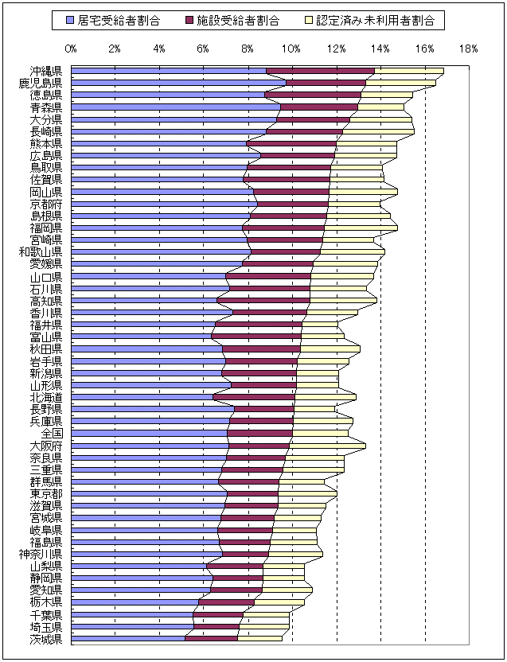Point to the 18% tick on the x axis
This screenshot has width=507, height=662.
pyautogui.click(x=469, y=49)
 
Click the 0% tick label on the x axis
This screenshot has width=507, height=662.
pyautogui.click(x=71, y=49)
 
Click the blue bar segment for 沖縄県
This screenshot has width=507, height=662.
pyautogui.click(x=167, y=72)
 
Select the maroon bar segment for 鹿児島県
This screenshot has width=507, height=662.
pyautogui.click(x=325, y=83)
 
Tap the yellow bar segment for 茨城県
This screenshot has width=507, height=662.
pyautogui.click(x=259, y=638)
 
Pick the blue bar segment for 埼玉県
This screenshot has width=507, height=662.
pyautogui.click(x=132, y=626)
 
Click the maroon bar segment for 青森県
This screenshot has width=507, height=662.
pyautogui.click(x=318, y=107)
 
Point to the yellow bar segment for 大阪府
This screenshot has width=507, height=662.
pyautogui.click(x=326, y=446)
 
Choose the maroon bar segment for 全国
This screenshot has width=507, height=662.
pyautogui.click(x=260, y=434)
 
